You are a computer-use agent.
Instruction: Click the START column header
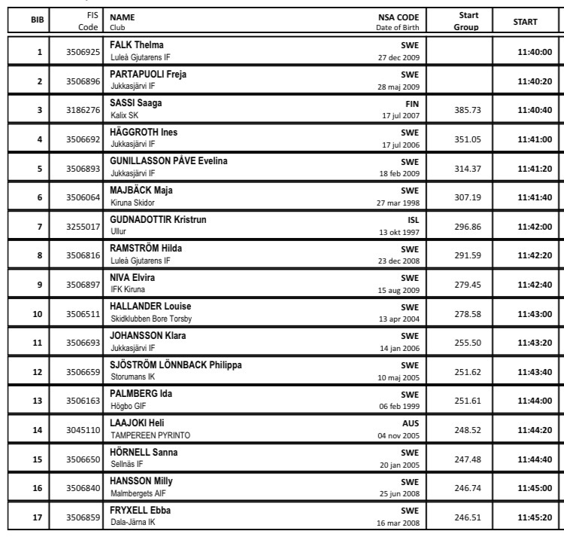coord(525,22)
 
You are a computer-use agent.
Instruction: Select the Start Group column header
coord(466,21)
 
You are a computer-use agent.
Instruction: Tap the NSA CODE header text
coord(399,16)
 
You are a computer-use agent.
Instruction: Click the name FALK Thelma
coord(137,44)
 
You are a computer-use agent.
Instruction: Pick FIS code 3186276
coord(83,110)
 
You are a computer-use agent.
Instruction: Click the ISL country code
coord(413,220)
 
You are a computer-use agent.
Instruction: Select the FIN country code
coord(412,103)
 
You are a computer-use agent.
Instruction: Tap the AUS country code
coord(411,423)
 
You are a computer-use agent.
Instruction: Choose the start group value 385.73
coord(468,110)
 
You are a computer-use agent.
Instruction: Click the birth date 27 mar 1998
coord(398,203)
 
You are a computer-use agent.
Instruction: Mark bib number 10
coord(38,314)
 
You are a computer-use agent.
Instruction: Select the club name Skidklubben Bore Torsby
coord(151,319)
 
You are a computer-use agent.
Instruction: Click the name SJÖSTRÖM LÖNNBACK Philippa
coord(176,365)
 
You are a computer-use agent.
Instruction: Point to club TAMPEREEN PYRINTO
coord(150,435)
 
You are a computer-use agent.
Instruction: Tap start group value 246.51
coord(468,517)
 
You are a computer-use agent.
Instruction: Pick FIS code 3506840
coord(83,488)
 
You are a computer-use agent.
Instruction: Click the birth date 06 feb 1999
coord(399,407)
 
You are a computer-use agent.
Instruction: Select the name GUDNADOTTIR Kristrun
coord(158,219)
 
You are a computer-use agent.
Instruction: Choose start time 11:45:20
coord(535,517)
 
